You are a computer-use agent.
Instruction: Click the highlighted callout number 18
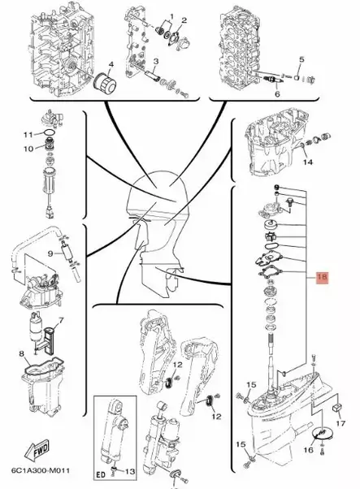tap(321, 277)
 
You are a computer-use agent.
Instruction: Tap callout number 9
tap(48, 253)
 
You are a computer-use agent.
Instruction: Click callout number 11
tap(26, 134)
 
